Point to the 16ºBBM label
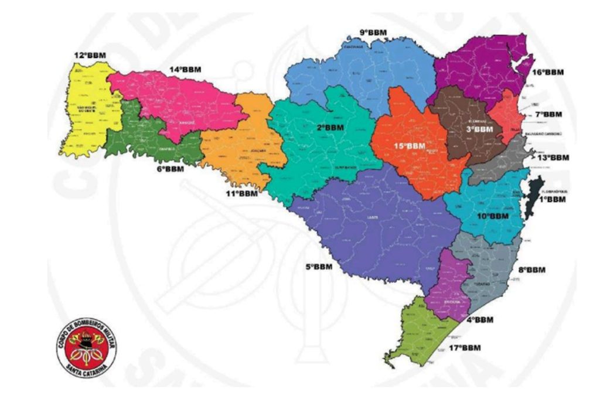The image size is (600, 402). [x=548, y=72]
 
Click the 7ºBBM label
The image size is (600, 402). [x=547, y=114]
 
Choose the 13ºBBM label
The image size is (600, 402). [x=553, y=157]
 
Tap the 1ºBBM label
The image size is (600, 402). [x=553, y=199]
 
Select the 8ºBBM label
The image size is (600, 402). [x=531, y=270]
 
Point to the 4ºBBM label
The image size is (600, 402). [x=479, y=320]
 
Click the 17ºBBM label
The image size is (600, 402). [x=464, y=348]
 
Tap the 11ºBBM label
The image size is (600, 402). [x=242, y=192]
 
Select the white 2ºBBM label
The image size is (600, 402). [x=330, y=127]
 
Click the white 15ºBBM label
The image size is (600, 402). [x=408, y=145]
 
